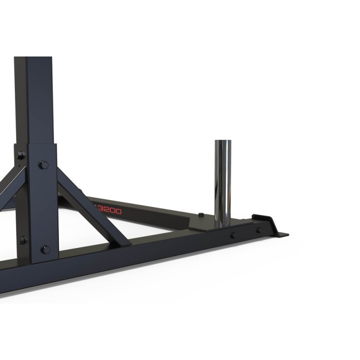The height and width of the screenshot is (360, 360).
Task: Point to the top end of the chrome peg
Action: coord(223,142)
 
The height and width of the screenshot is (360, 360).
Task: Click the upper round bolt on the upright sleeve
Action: coord(44,164)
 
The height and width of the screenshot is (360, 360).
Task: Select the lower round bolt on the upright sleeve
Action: coord(45,249)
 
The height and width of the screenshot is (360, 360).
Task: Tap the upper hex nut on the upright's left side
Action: coord(20,156)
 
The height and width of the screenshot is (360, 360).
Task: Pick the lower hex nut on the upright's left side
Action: coord(22,240)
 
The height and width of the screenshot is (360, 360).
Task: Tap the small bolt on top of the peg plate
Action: coord(200,215)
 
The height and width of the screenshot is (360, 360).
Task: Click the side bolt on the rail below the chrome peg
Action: coord(233,234)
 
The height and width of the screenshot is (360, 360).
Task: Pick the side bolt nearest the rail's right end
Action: coord(258,230)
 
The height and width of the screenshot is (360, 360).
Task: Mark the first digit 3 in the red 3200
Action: coord(100,210)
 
